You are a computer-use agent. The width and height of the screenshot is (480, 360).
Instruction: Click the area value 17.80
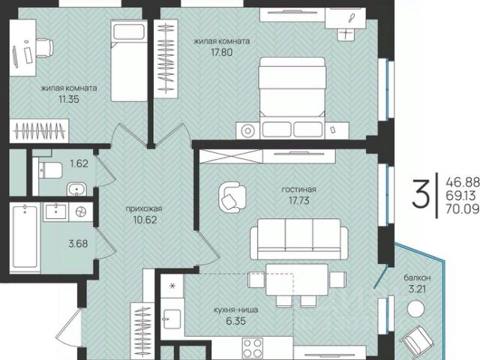point(222,52)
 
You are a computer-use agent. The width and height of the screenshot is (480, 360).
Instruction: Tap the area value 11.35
point(69,99)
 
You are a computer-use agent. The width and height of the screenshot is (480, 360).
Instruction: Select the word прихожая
point(144,208)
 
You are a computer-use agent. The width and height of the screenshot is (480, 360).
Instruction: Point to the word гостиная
point(298,190)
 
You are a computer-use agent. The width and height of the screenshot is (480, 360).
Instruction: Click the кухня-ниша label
point(236,310)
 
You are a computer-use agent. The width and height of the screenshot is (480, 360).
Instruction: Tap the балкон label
point(417,277)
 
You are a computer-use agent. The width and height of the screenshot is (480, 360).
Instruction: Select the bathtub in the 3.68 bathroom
point(25,237)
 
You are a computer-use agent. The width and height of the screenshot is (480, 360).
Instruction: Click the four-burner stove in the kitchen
point(252,347)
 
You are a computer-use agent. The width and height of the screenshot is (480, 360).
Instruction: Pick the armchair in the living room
point(232,197)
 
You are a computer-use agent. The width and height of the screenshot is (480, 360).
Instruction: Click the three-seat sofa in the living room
point(298,239)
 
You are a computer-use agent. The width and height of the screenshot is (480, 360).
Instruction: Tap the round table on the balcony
point(416,309)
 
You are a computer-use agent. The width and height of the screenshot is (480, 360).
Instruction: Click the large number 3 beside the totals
point(421,194)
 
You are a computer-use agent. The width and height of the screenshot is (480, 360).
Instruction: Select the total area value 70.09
point(463,208)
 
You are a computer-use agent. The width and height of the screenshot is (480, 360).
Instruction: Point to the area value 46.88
point(463,182)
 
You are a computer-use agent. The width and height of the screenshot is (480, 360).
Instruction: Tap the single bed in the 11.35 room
point(129,61)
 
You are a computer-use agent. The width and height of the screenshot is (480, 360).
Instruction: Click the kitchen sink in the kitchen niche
point(172,319)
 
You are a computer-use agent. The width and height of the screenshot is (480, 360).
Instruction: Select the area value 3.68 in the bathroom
point(78,244)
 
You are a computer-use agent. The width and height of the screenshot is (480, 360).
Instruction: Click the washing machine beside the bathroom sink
point(81,211)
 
